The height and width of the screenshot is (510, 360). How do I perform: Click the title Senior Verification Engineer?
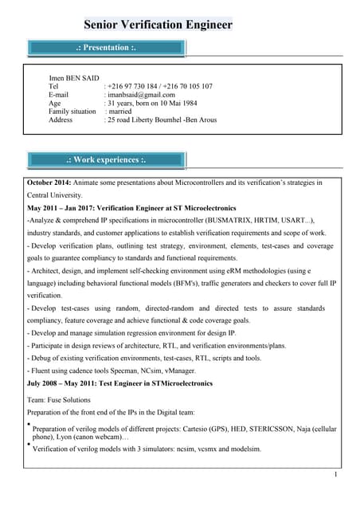[158, 25]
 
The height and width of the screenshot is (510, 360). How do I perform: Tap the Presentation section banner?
[106, 48]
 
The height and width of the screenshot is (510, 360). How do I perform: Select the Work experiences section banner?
[106, 159]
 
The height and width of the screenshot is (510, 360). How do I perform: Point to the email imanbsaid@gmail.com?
[141, 95]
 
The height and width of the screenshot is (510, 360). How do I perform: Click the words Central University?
[55, 194]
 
